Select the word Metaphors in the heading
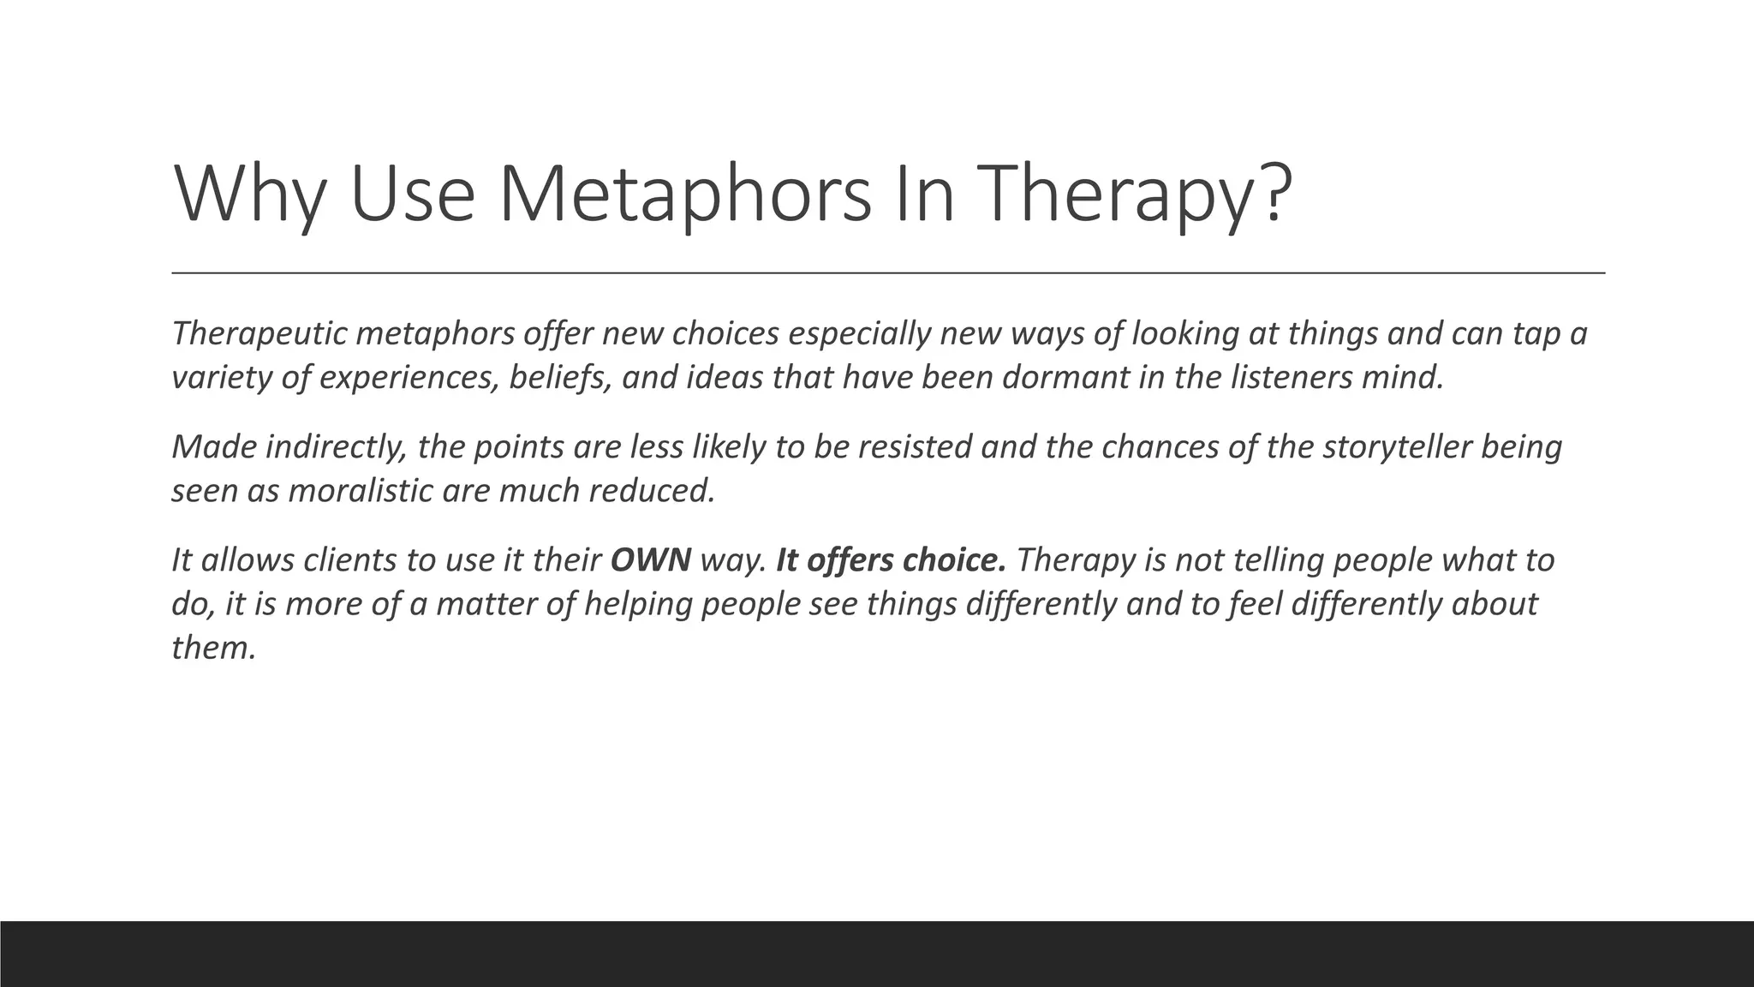pos(684,195)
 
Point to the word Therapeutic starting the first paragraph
pos(258,333)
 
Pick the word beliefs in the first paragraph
pos(560,377)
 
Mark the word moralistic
pos(361,491)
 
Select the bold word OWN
pos(650,560)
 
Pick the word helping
pos(641,604)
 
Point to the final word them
pos(213,648)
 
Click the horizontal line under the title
pos(888,272)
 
